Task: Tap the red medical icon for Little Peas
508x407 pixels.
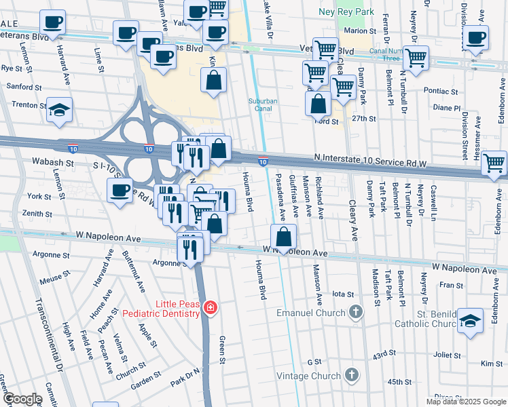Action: [x=211, y=309]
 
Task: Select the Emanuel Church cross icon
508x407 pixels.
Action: [x=354, y=312]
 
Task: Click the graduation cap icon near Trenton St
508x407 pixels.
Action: [x=60, y=109]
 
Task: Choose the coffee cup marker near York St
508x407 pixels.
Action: [x=120, y=189]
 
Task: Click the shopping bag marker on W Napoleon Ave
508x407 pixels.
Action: [x=283, y=237]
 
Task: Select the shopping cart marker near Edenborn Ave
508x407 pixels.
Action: [x=494, y=162]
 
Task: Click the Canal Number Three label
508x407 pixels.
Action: [x=386, y=56]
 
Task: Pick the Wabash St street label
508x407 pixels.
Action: [x=52, y=163]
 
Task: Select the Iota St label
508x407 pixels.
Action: [x=344, y=294]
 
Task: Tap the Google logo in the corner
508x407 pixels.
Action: [x=23, y=398]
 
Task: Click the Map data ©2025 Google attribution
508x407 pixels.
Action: [x=465, y=402]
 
